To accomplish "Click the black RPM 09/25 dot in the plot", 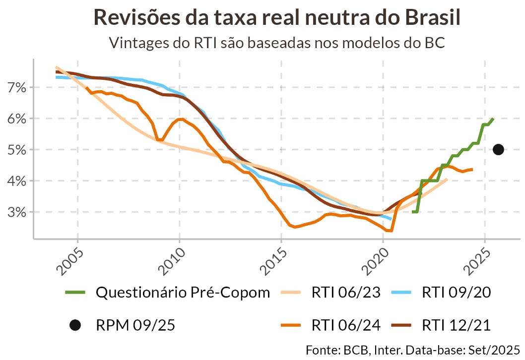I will point(498,149).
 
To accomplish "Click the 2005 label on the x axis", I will point(68,259).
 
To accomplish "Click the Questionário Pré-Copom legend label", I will point(183,293).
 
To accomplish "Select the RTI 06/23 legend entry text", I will point(346,293).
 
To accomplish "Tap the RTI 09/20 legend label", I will point(456,293).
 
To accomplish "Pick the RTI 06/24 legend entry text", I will point(346,325).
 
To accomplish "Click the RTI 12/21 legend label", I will point(456,325).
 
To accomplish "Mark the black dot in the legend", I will point(75,325).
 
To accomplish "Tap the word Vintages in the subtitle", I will point(138,43).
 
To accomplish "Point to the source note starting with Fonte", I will point(412,349).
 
